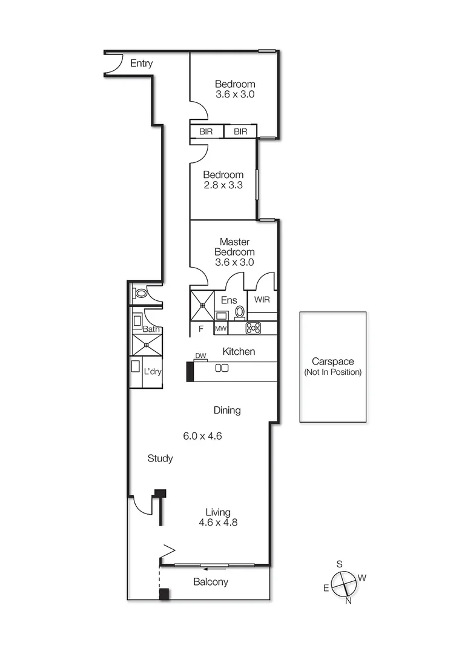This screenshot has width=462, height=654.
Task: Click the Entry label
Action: click(x=141, y=64)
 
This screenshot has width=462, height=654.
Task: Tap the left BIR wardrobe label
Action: click(x=206, y=131)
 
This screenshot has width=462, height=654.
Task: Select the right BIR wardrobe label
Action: click(x=240, y=131)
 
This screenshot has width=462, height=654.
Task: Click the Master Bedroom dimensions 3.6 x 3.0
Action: click(x=234, y=262)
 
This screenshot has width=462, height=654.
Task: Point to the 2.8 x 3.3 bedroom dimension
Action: click(x=223, y=185)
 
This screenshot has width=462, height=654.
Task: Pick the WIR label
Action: click(x=262, y=300)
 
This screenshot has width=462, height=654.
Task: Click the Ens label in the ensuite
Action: click(x=229, y=300)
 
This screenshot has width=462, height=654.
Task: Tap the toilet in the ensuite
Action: click(x=240, y=312)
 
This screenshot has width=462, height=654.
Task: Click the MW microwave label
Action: click(x=221, y=329)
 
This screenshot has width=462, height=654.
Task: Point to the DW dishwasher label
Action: click(x=200, y=356)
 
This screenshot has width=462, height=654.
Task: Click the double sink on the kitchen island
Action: click(x=222, y=368)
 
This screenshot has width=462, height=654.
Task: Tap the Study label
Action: click(x=160, y=458)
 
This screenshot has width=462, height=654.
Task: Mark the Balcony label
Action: click(x=211, y=582)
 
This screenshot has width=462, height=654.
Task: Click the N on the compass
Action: click(x=348, y=601)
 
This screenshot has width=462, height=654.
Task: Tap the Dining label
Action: click(x=227, y=410)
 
